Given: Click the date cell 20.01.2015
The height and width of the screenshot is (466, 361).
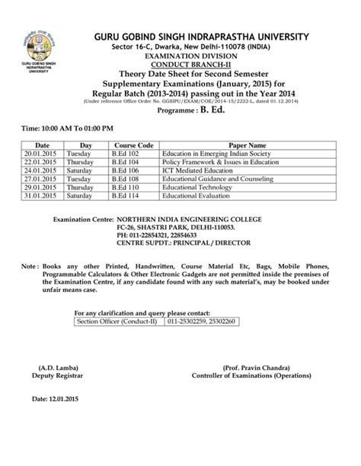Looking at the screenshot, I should click(x=36, y=153).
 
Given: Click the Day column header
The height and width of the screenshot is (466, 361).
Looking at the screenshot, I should click(x=86, y=144).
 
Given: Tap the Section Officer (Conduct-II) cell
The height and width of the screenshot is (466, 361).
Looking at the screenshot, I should click(x=111, y=322).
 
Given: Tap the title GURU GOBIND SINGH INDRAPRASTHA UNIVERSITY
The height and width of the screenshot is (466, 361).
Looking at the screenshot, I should click(x=201, y=36).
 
